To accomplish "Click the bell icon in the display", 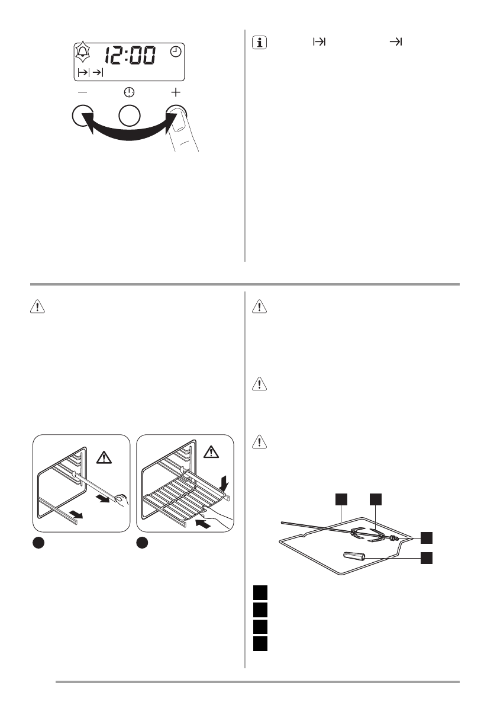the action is pyautogui.click(x=81, y=54).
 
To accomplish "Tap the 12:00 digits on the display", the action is pyautogui.click(x=131, y=56).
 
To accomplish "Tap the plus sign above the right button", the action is pyautogui.click(x=176, y=92).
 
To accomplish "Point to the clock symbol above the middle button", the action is pyautogui.click(x=129, y=92).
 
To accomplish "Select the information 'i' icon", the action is pyautogui.click(x=259, y=43).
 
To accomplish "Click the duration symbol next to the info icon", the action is pyautogui.click(x=319, y=42).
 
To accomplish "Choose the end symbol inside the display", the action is pyautogui.click(x=98, y=73).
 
